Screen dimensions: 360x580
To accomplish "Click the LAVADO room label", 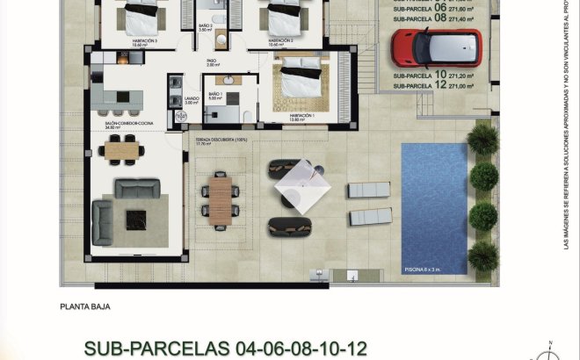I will coord(192,99).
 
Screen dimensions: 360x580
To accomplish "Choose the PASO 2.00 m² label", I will coord(213,62).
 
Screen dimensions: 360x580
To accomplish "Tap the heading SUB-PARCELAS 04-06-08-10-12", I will coord(225,348).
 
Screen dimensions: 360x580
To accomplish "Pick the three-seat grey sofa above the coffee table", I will coord(138,187).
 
